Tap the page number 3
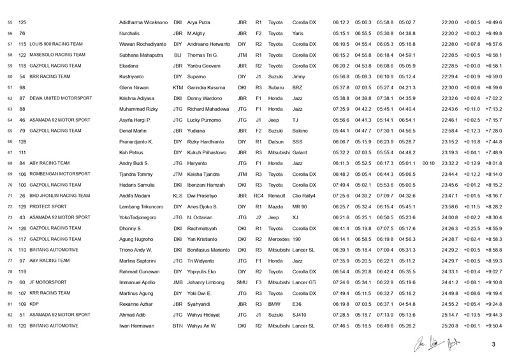point(493,345)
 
